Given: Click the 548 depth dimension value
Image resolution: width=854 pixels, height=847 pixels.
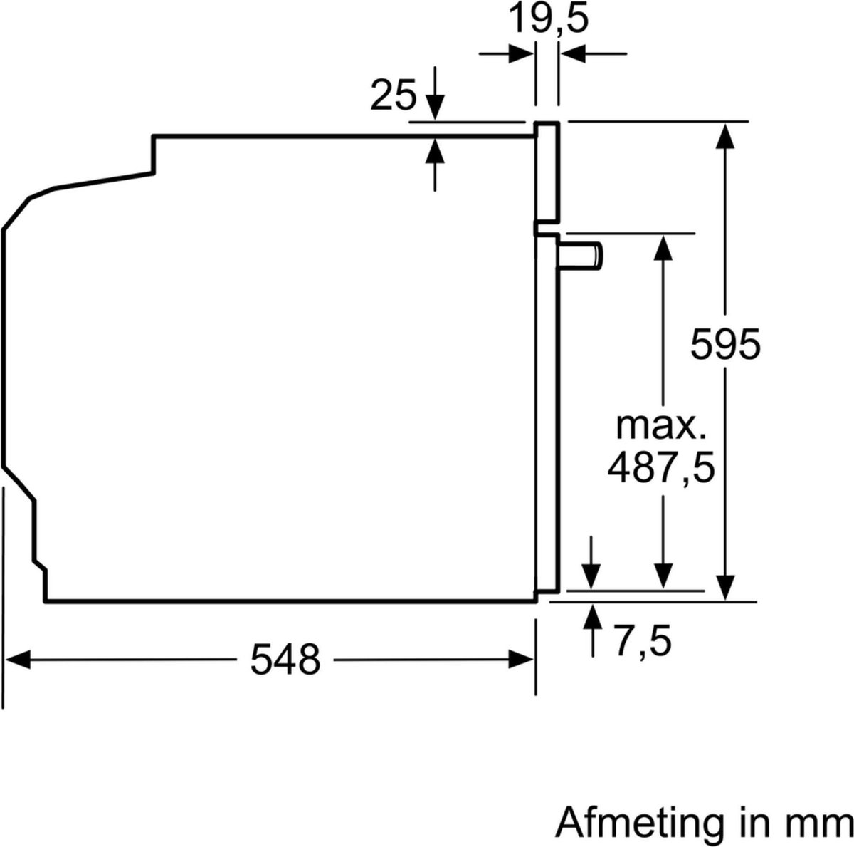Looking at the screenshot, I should pos(285,660).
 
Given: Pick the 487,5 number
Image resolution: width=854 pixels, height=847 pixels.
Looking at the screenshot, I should pos(660,469).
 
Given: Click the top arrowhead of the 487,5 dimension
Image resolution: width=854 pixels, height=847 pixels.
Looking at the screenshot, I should pos(663,246).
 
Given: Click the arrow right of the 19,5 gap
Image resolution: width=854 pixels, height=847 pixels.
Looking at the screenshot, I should pos(574,53).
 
